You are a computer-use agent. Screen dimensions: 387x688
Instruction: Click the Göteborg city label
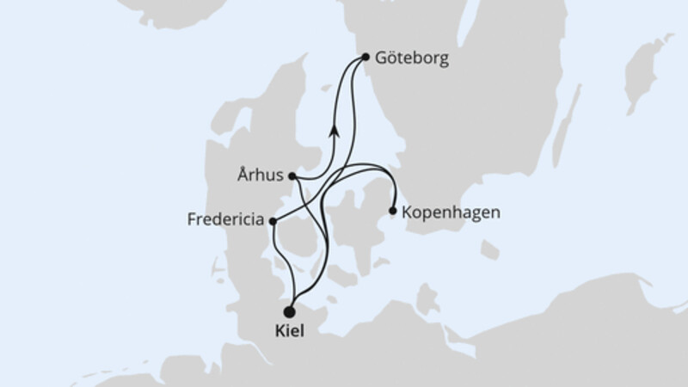pos(410,59)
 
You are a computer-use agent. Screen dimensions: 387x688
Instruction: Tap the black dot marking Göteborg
pos(365,58)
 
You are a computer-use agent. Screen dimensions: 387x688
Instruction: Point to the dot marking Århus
pos(292,176)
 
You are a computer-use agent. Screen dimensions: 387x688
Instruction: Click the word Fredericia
pos(225,220)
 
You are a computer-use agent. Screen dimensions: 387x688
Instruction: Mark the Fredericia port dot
pos(273,221)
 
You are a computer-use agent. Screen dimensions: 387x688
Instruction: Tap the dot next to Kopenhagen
pos(393,210)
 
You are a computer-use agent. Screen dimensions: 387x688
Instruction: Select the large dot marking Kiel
pos(290,312)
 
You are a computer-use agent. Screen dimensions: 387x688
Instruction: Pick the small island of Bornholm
pos(489,250)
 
